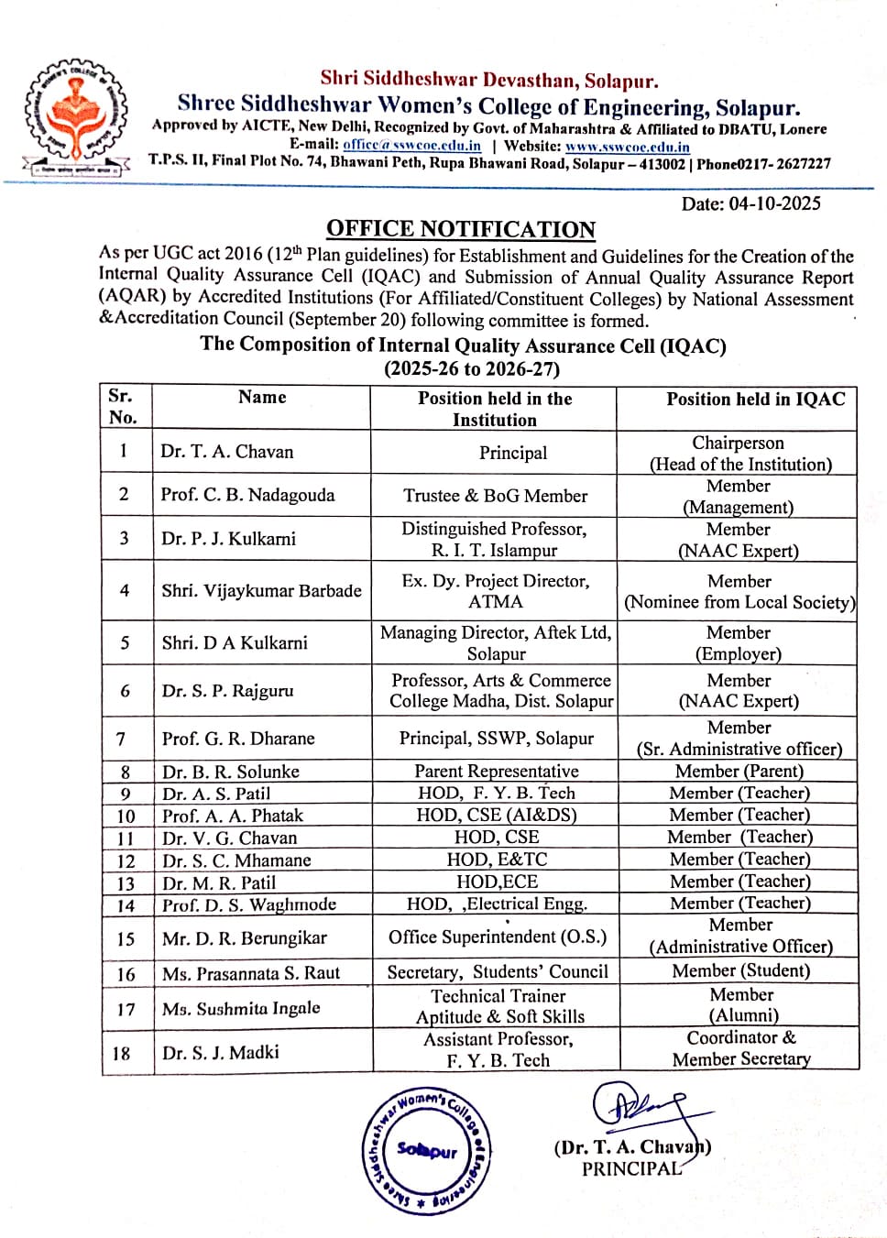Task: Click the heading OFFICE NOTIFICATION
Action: click(461, 229)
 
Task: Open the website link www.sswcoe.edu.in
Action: click(628, 146)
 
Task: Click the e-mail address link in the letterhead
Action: click(411, 145)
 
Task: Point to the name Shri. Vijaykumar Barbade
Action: click(261, 591)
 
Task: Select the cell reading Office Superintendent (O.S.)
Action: click(498, 937)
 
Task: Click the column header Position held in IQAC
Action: click(755, 399)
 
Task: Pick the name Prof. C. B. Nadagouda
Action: click(247, 495)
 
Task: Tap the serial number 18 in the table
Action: click(122, 1053)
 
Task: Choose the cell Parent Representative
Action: click(497, 772)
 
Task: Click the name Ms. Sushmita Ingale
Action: click(241, 1009)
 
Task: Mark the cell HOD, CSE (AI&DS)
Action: click(497, 815)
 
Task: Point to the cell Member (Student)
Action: click(740, 970)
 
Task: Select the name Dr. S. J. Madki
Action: click(220, 1053)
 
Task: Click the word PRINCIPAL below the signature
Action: click(631, 1169)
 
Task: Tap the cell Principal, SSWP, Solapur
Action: click(497, 739)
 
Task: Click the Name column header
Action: click(262, 397)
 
